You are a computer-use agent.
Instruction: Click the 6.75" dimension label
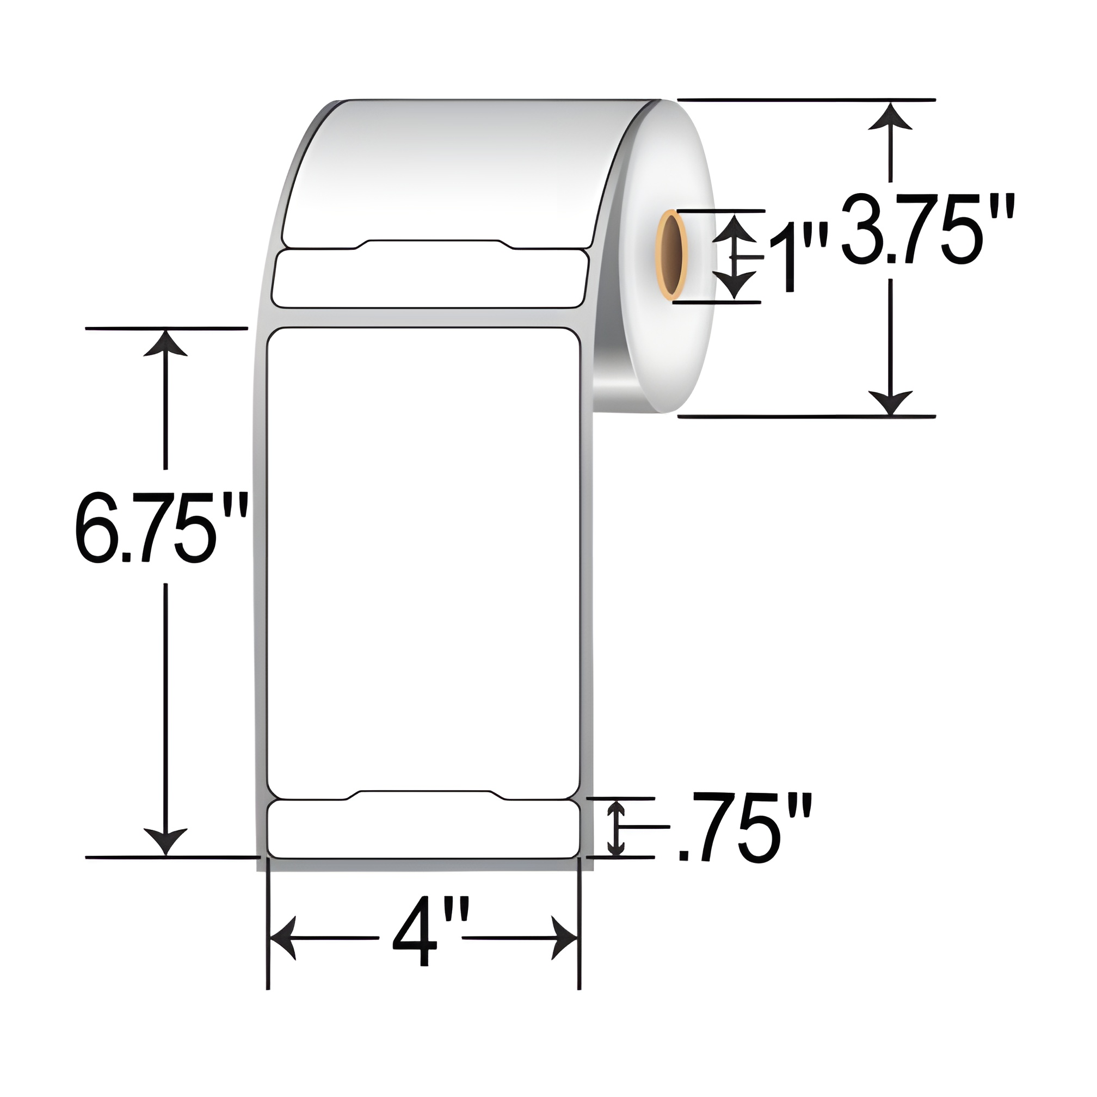[x=161, y=527]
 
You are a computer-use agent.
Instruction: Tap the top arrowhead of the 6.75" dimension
[x=165, y=344]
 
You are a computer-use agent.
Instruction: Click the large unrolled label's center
[x=423, y=559]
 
